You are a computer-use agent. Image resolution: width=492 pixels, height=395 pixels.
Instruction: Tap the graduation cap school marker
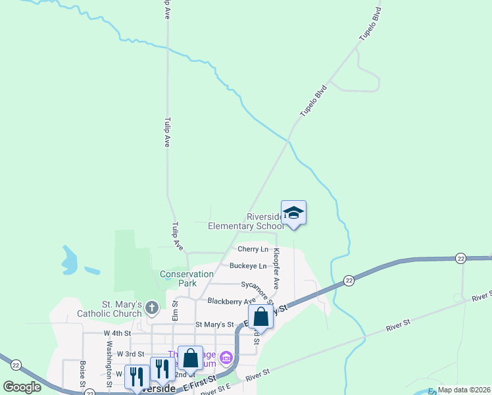[294, 213]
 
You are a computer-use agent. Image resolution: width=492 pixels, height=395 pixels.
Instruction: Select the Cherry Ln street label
[253, 250]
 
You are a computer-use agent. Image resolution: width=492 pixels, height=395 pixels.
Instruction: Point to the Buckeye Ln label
[248, 266]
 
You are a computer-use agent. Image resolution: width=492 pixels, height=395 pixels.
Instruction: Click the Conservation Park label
[187, 278]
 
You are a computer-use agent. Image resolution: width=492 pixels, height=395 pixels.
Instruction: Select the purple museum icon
[226, 358]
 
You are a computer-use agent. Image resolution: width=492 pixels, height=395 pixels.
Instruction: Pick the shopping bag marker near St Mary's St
[261, 317]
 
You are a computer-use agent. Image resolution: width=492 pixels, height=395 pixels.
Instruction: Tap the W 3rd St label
[130, 354]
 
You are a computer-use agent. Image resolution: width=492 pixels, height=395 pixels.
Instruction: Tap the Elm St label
[175, 310]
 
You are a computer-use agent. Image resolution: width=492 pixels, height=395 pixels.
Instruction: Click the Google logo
[22, 387]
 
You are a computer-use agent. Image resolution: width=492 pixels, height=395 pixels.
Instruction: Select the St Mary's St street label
[214, 325]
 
